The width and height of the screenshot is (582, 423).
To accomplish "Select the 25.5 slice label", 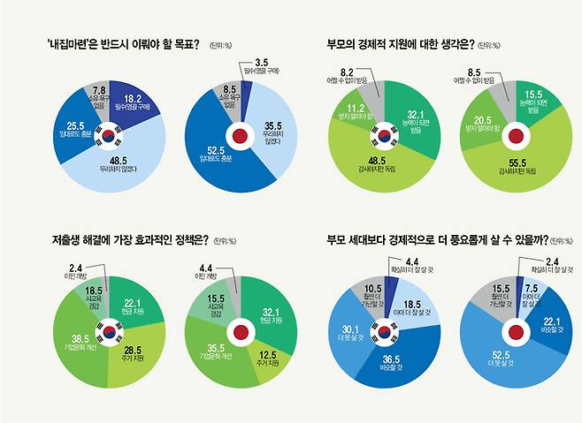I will tap(75, 124).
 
